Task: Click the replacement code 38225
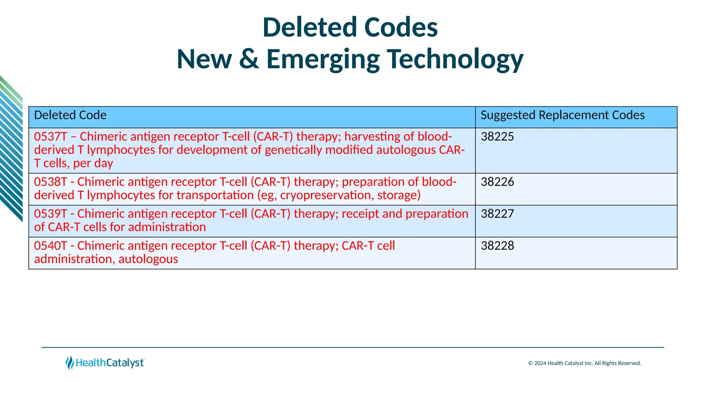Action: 497,136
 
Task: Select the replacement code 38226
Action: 497,182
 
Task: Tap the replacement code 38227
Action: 497,214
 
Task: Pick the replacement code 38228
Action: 497,246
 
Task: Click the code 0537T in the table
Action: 50,136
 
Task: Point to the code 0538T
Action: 50,182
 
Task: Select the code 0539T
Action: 50,214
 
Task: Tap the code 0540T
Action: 50,246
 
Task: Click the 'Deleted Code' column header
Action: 70,115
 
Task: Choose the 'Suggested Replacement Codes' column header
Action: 563,115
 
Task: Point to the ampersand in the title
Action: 249,59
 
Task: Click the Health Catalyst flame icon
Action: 70,363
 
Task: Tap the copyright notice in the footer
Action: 585,363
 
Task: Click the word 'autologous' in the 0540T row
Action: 148,259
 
